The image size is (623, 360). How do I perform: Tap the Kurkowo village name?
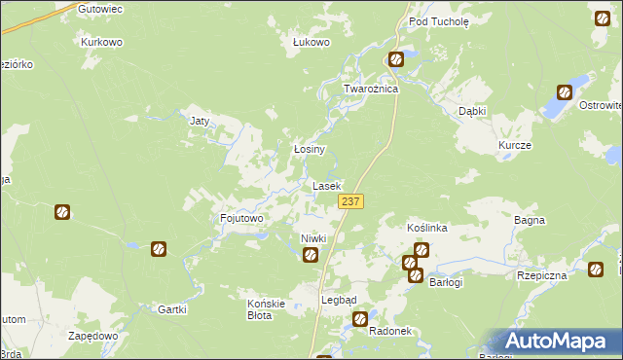click(x=100, y=43)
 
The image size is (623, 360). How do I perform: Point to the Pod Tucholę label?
click(x=439, y=20)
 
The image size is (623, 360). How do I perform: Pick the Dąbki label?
click(x=472, y=111)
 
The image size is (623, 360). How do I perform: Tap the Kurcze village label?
click(x=515, y=144)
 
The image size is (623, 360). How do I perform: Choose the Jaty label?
click(x=200, y=122)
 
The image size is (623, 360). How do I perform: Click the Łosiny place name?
click(x=310, y=150)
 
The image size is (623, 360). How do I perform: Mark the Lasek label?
click(x=326, y=185)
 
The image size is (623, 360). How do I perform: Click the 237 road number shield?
click(x=351, y=201)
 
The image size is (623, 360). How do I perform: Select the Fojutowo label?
click(x=242, y=219)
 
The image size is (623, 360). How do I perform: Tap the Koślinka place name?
click(x=426, y=228)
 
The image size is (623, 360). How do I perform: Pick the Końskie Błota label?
click(x=266, y=309)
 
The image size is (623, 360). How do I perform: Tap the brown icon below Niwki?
click(x=311, y=256)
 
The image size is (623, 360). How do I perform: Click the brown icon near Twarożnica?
click(x=396, y=59)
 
